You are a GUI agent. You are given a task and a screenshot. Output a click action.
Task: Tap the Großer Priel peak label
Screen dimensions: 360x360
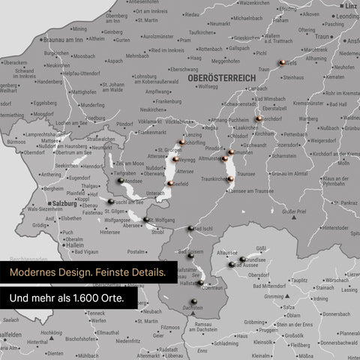pyautogui.click(x=293, y=212)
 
